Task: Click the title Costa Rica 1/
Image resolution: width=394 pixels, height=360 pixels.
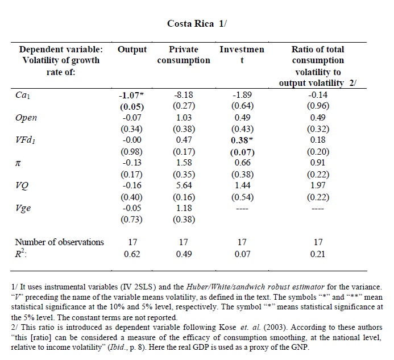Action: pos(197,23)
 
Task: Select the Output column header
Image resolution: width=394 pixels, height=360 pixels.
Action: pos(132,49)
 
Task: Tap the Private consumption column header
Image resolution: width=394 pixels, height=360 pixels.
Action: pos(184,55)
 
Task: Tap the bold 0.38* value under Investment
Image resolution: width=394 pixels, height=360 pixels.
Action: pos(242,140)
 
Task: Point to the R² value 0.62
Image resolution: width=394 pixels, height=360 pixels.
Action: pos(132,254)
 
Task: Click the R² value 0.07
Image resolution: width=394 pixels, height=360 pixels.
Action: pos(242,254)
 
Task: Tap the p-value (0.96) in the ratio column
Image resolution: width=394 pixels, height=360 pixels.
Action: pos(318,106)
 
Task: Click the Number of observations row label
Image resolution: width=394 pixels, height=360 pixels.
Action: pos(59,242)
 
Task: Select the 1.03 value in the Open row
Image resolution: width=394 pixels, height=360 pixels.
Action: pos(183,118)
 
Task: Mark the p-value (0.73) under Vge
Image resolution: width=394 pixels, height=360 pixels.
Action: pos(132,220)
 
